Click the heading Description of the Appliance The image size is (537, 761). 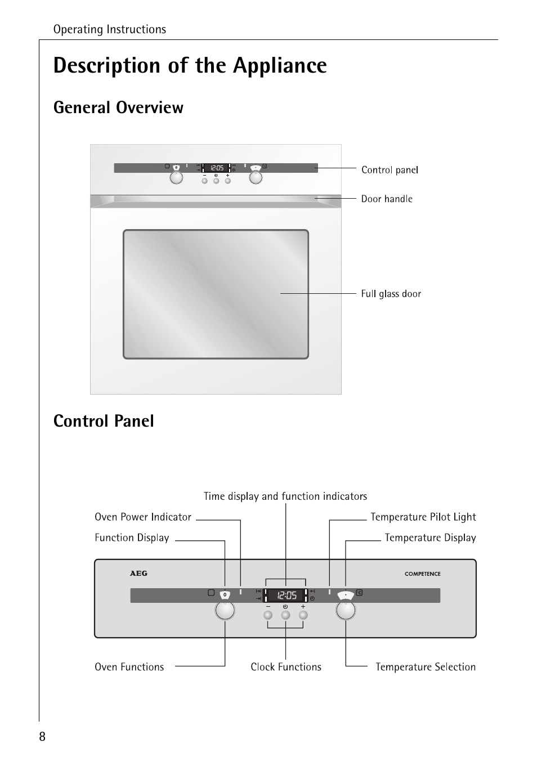click(190, 66)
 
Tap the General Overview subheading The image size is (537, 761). click(118, 108)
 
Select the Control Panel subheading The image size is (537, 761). click(104, 421)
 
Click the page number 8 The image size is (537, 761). click(42, 737)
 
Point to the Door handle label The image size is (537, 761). click(387, 199)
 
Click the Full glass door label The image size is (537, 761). click(391, 294)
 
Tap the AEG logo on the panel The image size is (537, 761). click(138, 574)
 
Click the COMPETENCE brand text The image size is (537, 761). click(422, 574)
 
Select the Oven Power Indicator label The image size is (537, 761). click(143, 517)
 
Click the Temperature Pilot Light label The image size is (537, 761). click(423, 517)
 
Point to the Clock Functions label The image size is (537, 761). click(286, 667)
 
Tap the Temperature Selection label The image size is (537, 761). click(426, 667)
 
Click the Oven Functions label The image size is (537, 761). click(129, 667)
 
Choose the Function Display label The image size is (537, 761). click(132, 538)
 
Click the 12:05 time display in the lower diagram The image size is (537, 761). click(286, 595)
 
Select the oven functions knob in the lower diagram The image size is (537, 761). click(225, 611)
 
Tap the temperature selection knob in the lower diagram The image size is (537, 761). click(346, 611)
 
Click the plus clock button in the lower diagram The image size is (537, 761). click(303, 615)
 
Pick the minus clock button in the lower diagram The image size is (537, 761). click(268, 615)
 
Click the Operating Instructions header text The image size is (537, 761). click(110, 29)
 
